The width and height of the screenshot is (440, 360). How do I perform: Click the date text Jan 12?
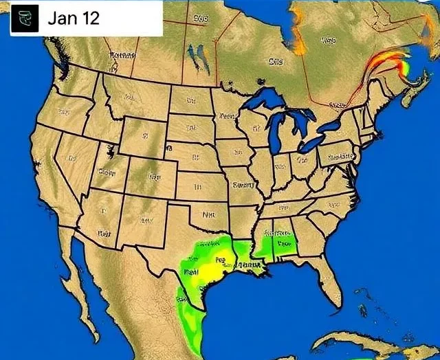(x=73, y=18)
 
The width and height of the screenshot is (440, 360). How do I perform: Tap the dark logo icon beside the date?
(x=25, y=19)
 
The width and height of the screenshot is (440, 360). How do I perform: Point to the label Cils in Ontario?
(x=275, y=61)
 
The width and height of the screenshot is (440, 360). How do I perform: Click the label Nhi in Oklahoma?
(x=209, y=214)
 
